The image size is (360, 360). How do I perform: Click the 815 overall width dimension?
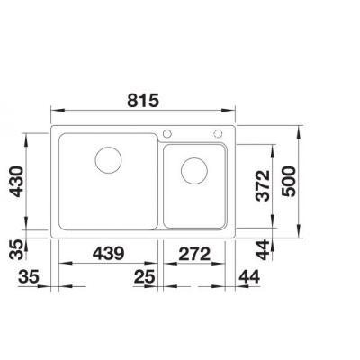point(143,101)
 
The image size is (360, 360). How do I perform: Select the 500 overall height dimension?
point(289,181)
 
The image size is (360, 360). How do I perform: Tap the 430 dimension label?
point(16,181)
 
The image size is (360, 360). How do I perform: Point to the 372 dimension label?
point(263,185)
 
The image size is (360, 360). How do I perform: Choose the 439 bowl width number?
point(108,254)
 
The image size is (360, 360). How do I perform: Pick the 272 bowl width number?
point(194,254)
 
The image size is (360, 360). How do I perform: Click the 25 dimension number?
point(145,276)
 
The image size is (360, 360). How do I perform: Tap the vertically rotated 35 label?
point(16,249)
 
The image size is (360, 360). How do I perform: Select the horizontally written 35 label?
point(29,276)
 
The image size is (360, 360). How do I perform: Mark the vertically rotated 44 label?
point(263,249)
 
